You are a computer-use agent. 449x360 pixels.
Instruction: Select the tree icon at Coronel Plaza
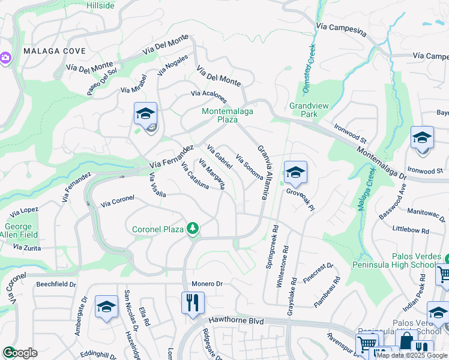[x=193, y=229]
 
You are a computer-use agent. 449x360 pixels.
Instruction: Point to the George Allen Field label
[x=21, y=230]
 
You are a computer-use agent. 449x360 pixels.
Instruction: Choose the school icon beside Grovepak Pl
[x=295, y=173]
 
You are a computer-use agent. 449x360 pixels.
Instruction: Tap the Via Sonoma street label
[x=250, y=166]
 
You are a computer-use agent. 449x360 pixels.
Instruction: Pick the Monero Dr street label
[x=207, y=284]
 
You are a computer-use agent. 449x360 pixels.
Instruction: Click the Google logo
[x=20, y=353]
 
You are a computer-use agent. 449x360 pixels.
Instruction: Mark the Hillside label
[x=100, y=5]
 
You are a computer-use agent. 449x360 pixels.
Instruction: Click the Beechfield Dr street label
[x=56, y=284]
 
